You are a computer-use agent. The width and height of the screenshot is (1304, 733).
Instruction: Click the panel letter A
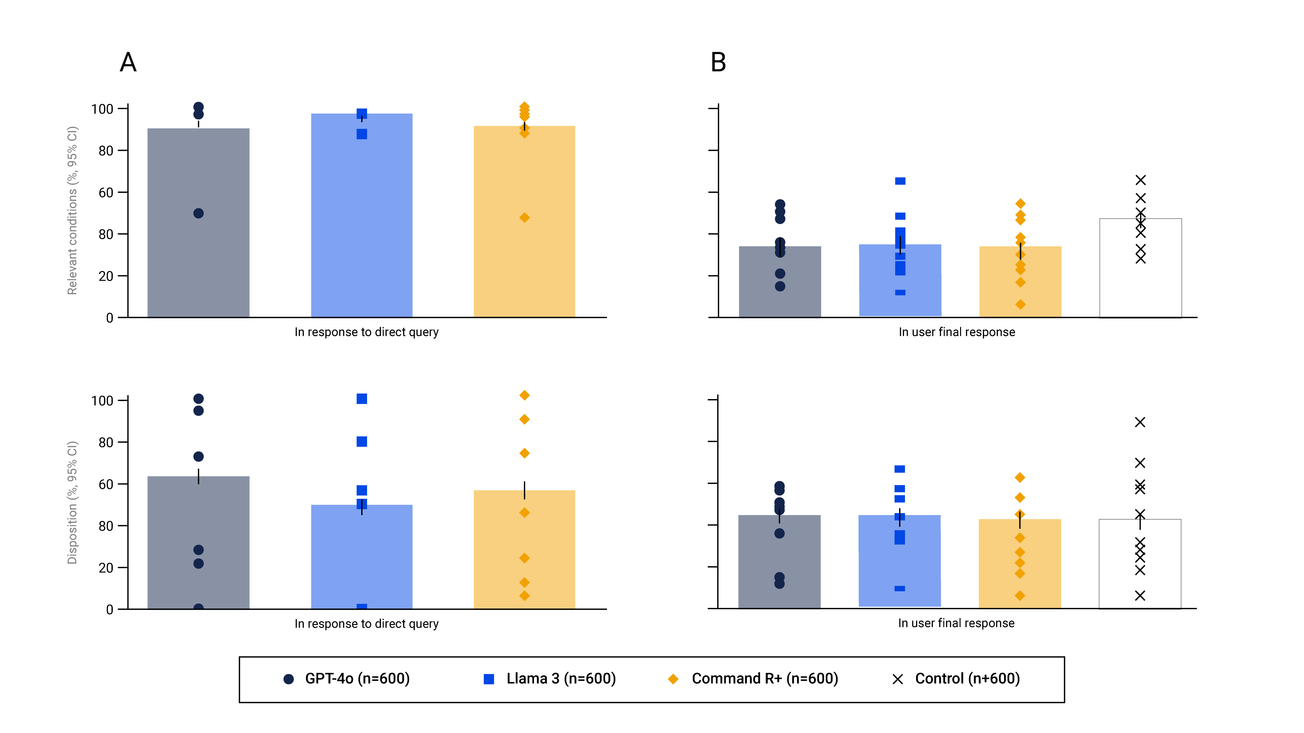[x=128, y=63]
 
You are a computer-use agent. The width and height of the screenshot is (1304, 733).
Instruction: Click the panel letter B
[x=718, y=63]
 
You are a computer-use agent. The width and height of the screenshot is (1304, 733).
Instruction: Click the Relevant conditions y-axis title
[x=72, y=210]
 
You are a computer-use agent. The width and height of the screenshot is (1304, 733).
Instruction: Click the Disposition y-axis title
[x=72, y=503]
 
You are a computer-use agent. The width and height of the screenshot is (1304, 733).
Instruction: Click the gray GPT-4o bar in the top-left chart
[x=199, y=253]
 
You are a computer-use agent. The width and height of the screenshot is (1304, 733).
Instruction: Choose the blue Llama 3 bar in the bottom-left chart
[x=362, y=562]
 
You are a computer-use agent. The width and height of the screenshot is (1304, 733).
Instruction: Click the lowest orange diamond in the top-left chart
[x=525, y=218]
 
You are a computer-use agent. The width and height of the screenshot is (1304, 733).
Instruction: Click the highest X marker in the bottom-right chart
[x=1140, y=422]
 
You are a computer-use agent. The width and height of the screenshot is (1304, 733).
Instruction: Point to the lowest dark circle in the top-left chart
[x=199, y=213]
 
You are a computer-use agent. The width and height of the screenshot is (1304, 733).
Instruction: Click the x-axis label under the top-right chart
[x=957, y=332]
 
